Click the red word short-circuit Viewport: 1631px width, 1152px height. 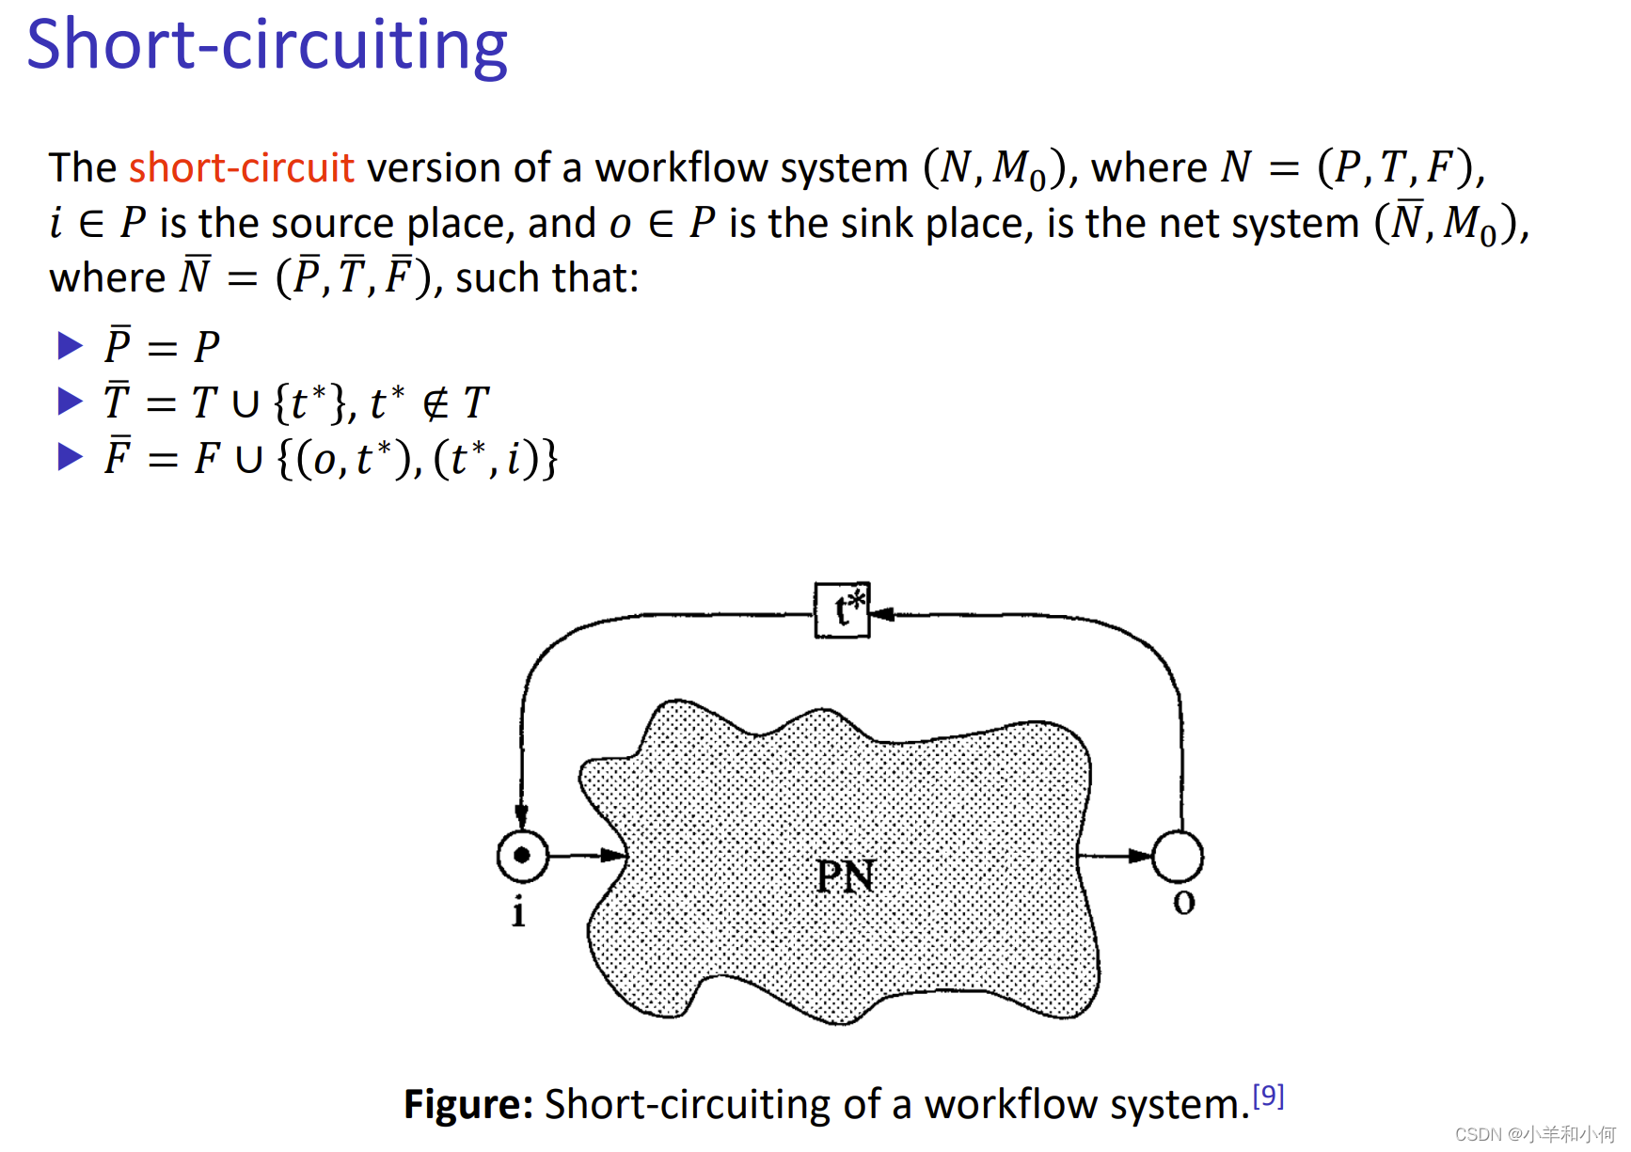click(241, 168)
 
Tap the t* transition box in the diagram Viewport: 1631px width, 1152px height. click(842, 610)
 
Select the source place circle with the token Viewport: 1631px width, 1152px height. click(523, 856)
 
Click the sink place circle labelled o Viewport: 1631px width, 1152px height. click(1178, 856)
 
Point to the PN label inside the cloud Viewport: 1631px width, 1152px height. click(845, 876)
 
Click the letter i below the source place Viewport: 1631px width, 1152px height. click(518, 911)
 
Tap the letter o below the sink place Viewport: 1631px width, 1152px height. click(1183, 904)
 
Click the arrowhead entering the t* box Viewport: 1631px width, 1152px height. click(882, 614)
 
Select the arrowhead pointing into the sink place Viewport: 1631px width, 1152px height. click(1141, 856)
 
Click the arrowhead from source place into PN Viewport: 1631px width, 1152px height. click(613, 855)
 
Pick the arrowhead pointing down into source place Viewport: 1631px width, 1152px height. click(522, 815)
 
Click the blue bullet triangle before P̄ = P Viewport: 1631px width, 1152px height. click(70, 346)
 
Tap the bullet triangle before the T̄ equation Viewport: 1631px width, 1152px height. click(70, 402)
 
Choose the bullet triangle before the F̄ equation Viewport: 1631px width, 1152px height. click(70, 457)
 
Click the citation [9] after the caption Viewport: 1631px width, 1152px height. click(1268, 1096)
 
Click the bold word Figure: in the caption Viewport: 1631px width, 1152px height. click(468, 1105)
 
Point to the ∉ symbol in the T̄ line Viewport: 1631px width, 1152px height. click(435, 404)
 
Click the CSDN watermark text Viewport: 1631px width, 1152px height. click(1533, 1134)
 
